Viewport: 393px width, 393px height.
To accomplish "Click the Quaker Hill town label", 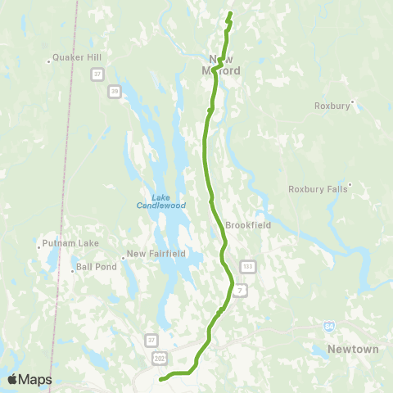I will point(75,57).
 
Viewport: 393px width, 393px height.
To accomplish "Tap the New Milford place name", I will point(225,65).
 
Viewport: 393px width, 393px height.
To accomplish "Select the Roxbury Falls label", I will point(318,188).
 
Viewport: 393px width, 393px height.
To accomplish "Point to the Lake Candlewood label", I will point(169,201).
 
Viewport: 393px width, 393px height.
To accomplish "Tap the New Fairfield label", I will point(156,254).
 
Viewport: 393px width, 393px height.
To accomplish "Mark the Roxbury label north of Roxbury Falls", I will point(332,106).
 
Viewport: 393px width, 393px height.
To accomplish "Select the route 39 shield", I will point(115,91).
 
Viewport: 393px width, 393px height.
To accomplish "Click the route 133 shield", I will point(247,267).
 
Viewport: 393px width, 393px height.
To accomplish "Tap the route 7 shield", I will point(239,291).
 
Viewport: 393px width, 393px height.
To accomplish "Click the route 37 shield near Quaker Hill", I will point(97,75).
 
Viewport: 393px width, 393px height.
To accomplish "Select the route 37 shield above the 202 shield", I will point(151,339).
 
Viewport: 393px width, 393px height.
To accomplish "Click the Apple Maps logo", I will point(29,379).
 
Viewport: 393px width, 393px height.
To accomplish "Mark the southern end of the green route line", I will point(160,378).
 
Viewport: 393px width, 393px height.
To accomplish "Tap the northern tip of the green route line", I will point(231,14).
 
